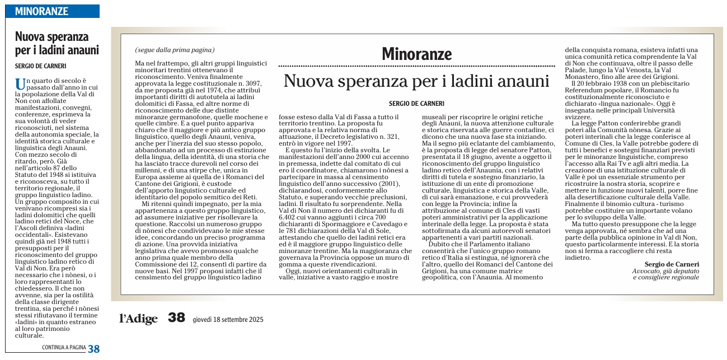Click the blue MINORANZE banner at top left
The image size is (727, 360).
[52, 11]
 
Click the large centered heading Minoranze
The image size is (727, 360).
[416, 54]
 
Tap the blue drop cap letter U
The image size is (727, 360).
[20, 84]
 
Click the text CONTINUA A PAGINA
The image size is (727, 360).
[64, 348]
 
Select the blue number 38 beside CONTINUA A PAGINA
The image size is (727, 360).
[93, 348]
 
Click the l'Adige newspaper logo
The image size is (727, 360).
[138, 319]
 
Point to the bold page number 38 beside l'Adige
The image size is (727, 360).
[176, 318]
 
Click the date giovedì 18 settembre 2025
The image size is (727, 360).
[227, 319]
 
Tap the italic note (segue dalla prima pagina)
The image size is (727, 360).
[175, 50]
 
